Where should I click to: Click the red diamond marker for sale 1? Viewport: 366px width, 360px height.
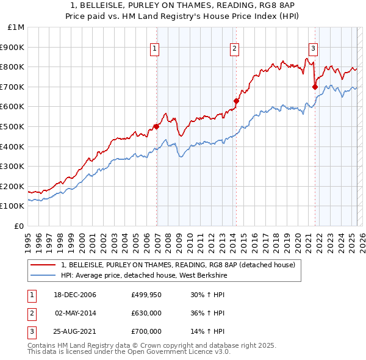156,126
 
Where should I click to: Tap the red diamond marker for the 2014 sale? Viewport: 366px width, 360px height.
235,101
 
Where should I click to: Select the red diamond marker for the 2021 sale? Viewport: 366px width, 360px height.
315,87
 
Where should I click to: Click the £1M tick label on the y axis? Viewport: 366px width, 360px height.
16,27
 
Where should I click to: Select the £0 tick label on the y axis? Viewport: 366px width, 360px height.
20,226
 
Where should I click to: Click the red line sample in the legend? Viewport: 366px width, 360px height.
43,265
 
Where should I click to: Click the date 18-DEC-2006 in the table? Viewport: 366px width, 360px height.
75,295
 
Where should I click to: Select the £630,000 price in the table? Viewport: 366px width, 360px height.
146,313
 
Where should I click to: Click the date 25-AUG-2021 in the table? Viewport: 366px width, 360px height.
75,331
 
